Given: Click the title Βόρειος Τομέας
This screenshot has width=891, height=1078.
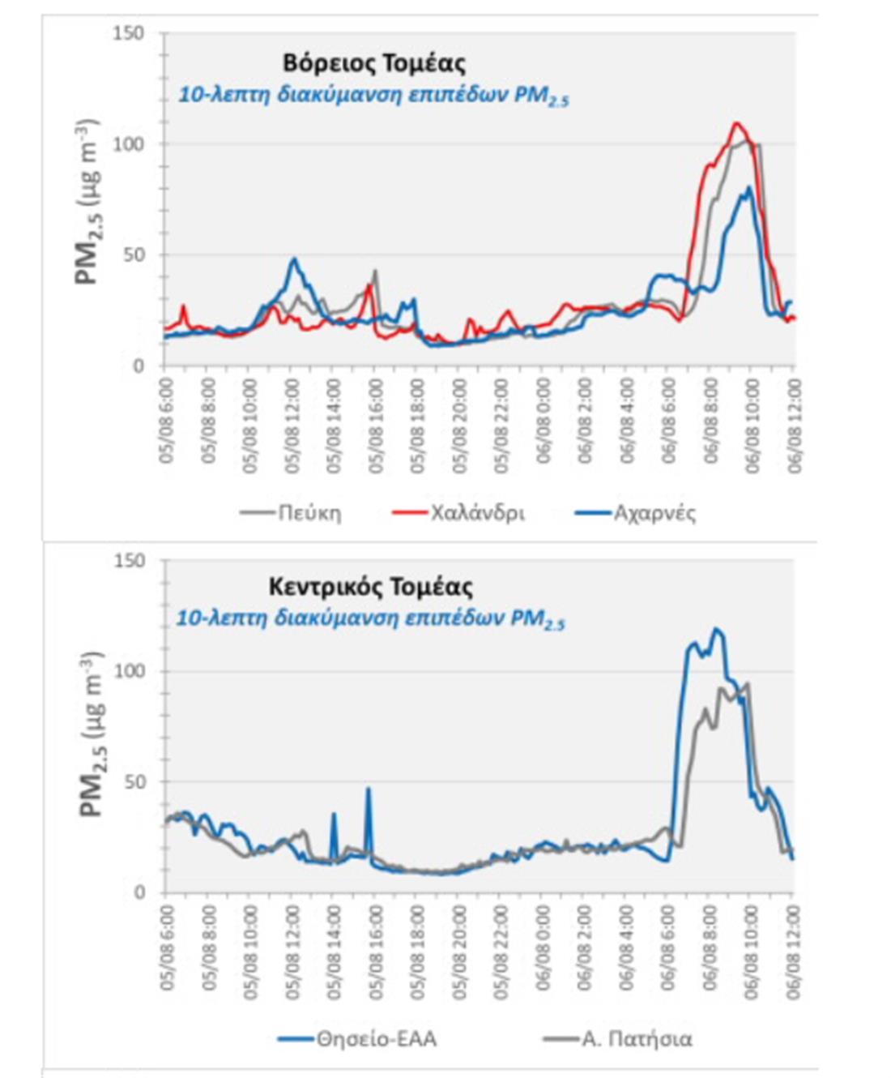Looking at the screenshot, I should (373, 63).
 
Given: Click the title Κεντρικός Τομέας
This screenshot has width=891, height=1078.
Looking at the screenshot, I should (370, 586).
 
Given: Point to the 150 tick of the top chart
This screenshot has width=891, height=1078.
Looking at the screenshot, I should (129, 33).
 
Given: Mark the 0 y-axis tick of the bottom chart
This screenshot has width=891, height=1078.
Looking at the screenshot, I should (139, 892).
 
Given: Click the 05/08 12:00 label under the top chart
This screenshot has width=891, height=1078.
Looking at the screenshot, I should (292, 426).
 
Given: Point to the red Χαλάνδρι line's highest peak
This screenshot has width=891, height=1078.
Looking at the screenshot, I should (736, 123).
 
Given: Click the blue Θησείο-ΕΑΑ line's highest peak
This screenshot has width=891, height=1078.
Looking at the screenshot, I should (716, 629).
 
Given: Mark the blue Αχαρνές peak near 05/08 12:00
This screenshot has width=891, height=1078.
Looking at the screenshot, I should (295, 259).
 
